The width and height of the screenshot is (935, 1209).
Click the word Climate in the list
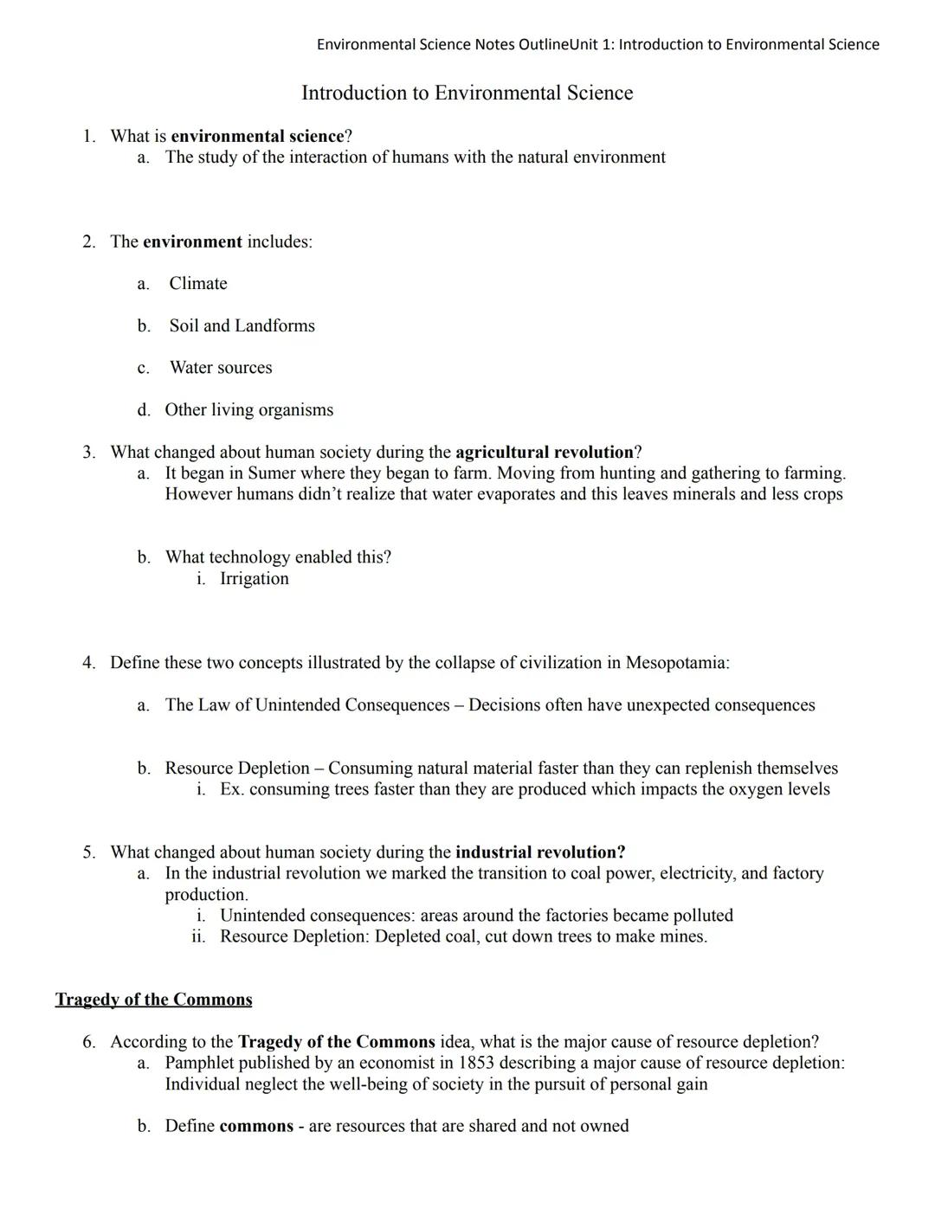tap(198, 284)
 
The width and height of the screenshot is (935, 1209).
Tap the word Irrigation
tap(255, 579)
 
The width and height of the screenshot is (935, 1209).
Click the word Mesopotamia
tap(676, 663)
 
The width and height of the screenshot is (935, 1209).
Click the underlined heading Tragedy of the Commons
tap(154, 1000)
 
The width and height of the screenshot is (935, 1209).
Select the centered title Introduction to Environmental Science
tap(467, 93)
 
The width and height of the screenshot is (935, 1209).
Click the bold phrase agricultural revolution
tap(545, 453)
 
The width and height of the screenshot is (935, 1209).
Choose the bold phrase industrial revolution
tap(540, 852)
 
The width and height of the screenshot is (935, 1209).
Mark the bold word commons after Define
tap(256, 1126)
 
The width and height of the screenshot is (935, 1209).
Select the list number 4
tap(89, 663)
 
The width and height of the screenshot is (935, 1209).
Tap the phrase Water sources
tap(221, 368)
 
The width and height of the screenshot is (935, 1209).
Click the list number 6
tap(89, 1042)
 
